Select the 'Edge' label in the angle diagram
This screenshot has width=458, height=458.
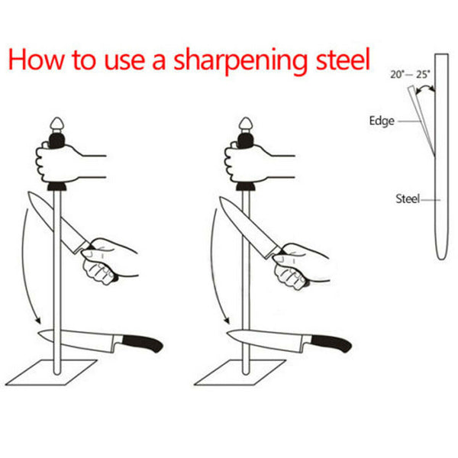(381, 121)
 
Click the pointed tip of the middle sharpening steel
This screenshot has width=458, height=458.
(246, 123)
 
